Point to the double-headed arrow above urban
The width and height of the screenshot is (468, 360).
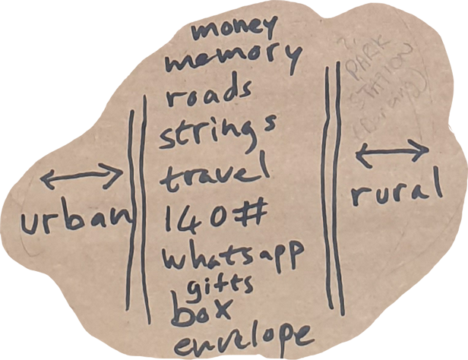(x=81, y=178)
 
